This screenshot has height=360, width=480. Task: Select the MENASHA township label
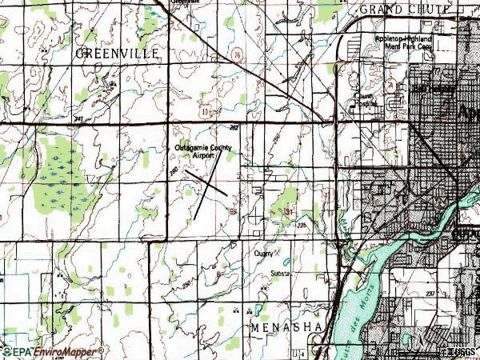pyautogui.click(x=286, y=329)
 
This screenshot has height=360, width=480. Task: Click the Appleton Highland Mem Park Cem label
pyautogui.click(x=404, y=42)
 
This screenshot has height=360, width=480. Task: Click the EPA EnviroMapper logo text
pyautogui.click(x=53, y=351)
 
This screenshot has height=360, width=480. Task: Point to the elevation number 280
pyautogui.click(x=173, y=171)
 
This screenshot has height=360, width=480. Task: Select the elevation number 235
pyautogui.click(x=302, y=226)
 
